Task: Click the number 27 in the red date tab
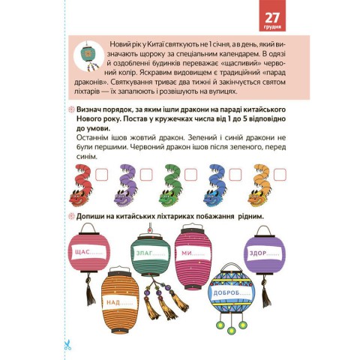[272, 17]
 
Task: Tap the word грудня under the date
[272, 27]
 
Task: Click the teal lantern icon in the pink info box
[89, 55]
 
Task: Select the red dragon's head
[79, 198]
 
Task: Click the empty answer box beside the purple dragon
[146, 175]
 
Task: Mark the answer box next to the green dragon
[190, 175]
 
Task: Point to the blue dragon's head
[213, 198]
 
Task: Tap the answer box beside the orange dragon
[280, 175]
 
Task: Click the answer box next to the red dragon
[102, 175]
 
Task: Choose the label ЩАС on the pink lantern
[82, 252]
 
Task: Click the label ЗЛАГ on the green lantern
[144, 253]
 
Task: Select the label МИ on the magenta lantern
[187, 253]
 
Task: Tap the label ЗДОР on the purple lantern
[258, 253]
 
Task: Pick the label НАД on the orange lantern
[113, 302]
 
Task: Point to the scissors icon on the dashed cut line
[67, 345]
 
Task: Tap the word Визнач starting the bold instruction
[90, 109]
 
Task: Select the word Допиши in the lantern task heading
[89, 217]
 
